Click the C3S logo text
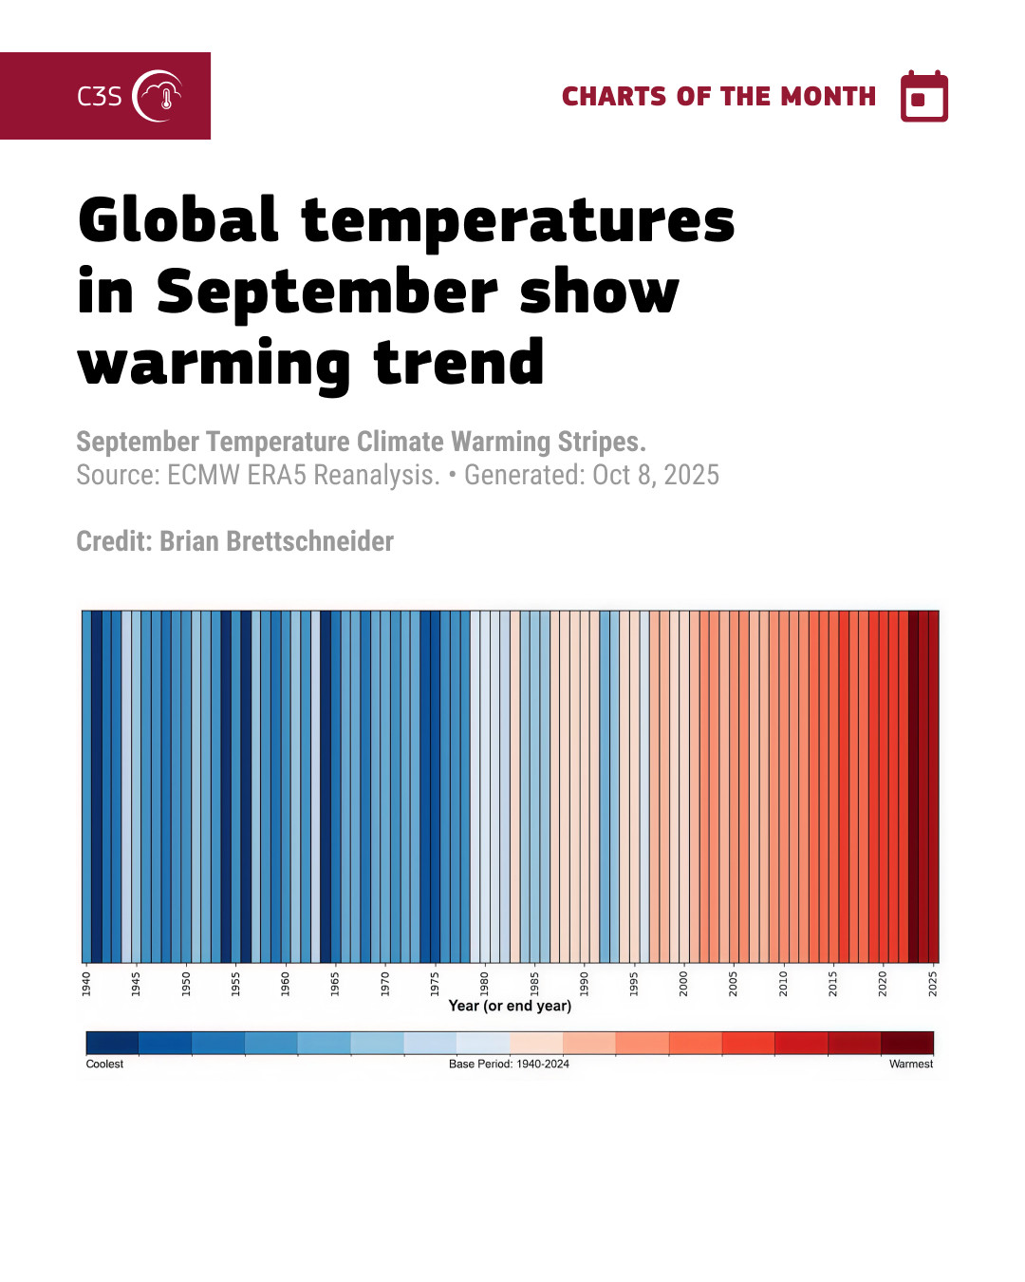[100, 96]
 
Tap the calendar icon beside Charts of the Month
[923, 97]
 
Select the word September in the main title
[326, 292]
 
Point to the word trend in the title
[459, 363]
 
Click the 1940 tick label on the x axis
[86, 983]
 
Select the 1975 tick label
[435, 983]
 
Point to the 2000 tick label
[683, 983]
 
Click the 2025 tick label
[933, 983]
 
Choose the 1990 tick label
[584, 983]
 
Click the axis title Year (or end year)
[510, 1006]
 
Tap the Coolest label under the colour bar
[104, 1064]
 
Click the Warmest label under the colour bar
[911, 1064]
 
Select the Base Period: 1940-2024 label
[509, 1064]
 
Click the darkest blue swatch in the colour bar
[112, 1043]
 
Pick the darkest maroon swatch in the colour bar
[907, 1043]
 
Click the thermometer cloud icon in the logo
[158, 96]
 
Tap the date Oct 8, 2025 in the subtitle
[656, 475]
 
